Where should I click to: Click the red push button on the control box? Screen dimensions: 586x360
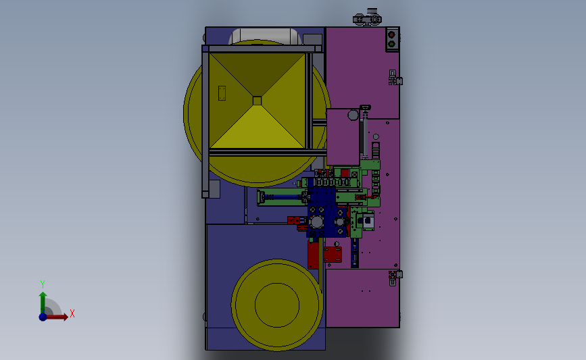391,34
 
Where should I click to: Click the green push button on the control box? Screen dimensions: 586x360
391,44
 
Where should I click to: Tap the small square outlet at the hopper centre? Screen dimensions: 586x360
257,101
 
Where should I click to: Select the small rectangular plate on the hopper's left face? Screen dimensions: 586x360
222,93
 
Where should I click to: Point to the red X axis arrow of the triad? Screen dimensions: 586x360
56,317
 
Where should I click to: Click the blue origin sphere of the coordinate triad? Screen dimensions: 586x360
43,317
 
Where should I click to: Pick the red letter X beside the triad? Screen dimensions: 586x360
72,313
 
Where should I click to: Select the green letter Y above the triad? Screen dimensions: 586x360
43,284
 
